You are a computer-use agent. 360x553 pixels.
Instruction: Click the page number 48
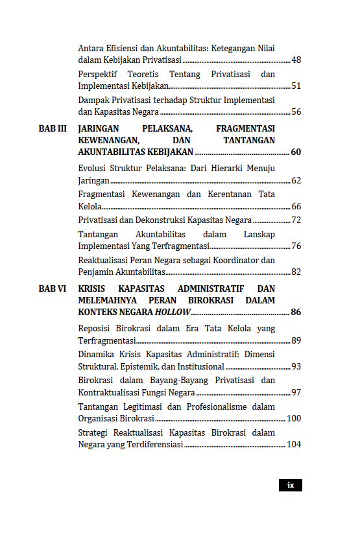pyautogui.click(x=296, y=60)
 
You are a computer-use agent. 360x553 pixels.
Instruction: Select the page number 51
pyautogui.click(x=296, y=86)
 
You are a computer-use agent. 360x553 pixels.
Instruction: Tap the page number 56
pyautogui.click(x=296, y=112)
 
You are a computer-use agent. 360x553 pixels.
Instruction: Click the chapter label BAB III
pyautogui.click(x=53, y=128)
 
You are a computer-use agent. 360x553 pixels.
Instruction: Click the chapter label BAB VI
pyautogui.click(x=53, y=288)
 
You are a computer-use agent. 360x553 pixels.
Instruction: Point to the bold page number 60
pyautogui.click(x=296, y=152)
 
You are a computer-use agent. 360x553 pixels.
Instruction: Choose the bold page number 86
pyautogui.click(x=296, y=312)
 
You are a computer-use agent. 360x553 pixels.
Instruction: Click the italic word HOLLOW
pyautogui.click(x=173, y=312)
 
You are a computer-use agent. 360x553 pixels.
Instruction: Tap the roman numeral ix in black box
pyautogui.click(x=291, y=485)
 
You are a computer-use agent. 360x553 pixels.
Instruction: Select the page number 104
pyautogui.click(x=294, y=445)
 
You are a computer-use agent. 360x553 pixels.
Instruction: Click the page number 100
pyautogui.click(x=294, y=419)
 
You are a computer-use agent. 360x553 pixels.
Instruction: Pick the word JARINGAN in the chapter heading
pyautogui.click(x=98, y=128)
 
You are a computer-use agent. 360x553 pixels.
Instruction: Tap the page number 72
pyautogui.click(x=296, y=220)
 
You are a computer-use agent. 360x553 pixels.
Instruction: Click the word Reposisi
pyautogui.click(x=96, y=329)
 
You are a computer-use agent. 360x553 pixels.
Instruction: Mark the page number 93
pyautogui.click(x=296, y=367)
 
